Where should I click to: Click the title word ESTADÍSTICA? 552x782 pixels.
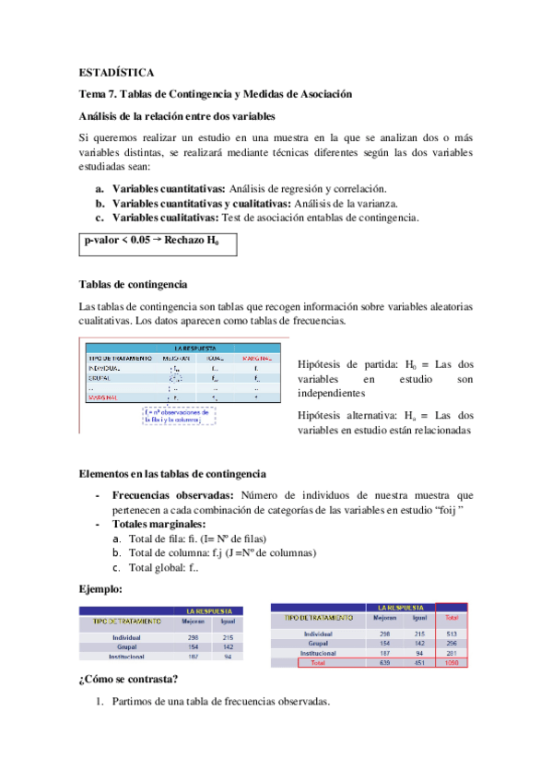pyautogui.click(x=117, y=71)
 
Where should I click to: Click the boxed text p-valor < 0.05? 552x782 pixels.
pyautogui.click(x=116, y=241)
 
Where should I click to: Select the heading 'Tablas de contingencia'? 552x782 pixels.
pyautogui.click(x=135, y=284)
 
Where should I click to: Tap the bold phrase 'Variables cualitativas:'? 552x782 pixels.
pyautogui.click(x=166, y=218)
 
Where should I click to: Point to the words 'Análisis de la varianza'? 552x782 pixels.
pyautogui.click(x=346, y=203)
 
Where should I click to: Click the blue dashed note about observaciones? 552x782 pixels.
pyautogui.click(x=179, y=416)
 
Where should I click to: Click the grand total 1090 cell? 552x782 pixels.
pyautogui.click(x=451, y=661)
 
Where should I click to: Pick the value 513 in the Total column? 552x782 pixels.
pyautogui.click(x=451, y=634)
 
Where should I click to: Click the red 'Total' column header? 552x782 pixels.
pyautogui.click(x=451, y=617)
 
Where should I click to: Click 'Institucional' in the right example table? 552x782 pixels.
pyautogui.click(x=320, y=652)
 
